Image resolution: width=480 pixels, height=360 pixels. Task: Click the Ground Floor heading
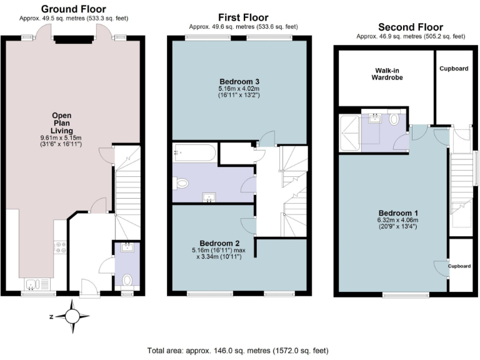pos(73,9)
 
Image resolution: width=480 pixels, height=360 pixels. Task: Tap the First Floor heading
pos(243,17)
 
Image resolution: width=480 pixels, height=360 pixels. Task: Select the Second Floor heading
pos(411,27)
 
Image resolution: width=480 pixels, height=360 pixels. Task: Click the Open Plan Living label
pos(61,119)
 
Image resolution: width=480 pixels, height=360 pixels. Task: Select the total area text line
pos(237,351)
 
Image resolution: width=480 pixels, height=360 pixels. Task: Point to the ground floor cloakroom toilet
pos(127,279)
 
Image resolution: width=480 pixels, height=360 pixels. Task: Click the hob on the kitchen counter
pos(61,247)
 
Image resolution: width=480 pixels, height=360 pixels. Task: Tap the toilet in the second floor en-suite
pos(394,119)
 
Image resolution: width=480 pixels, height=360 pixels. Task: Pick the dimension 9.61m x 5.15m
pos(61,137)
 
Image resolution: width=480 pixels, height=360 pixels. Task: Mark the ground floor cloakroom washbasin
pos(127,247)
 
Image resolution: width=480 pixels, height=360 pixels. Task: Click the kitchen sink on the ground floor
pos(32,285)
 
